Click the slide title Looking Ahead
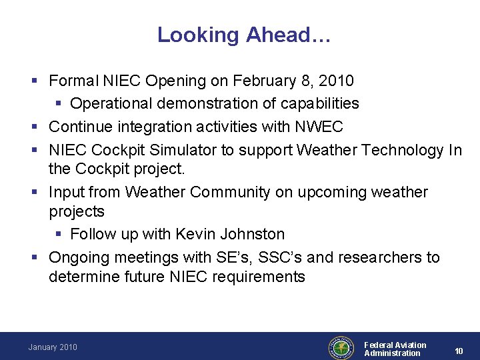243,35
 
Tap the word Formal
73,81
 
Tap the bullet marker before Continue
35,127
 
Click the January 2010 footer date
53,347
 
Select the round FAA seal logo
341,347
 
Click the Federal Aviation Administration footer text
395,349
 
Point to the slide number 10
459,351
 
